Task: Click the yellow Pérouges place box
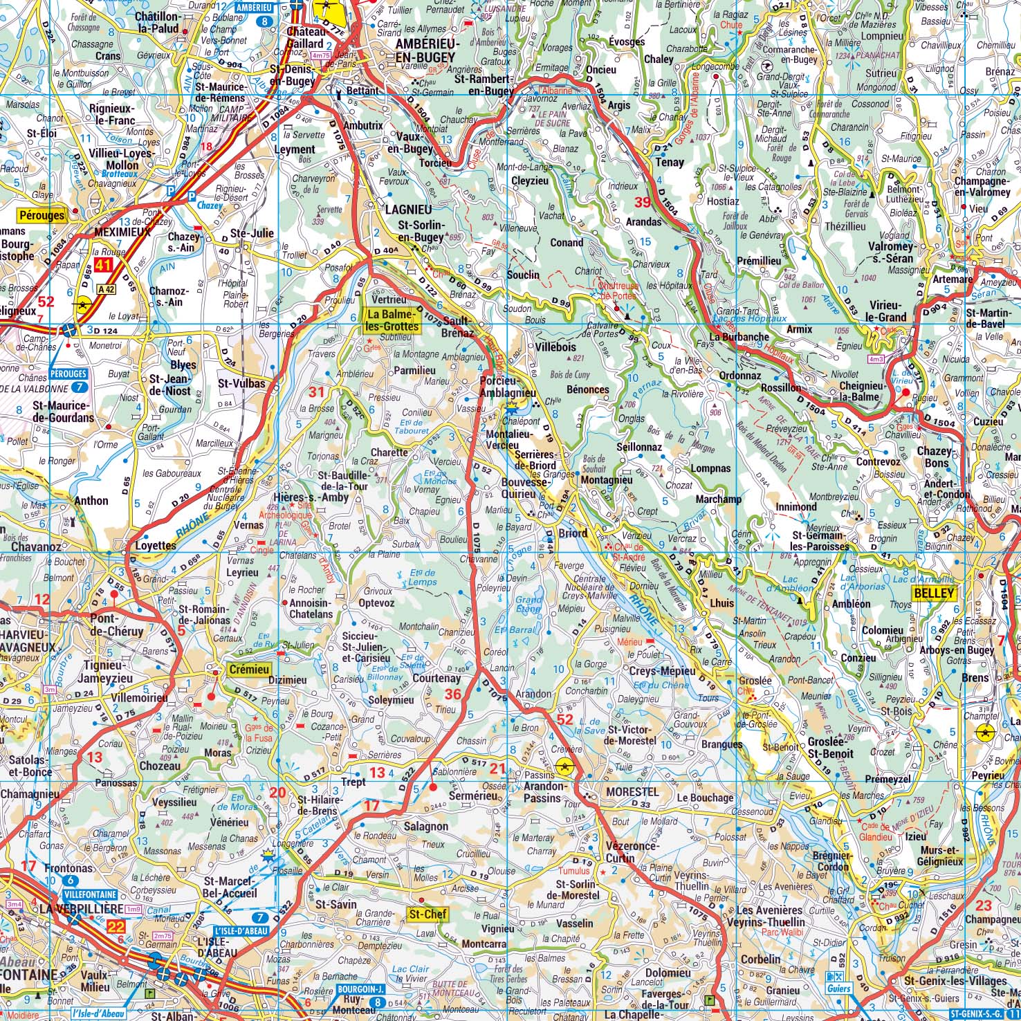coord(42,215)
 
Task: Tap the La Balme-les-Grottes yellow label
coord(392,320)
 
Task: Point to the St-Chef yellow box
coord(427,914)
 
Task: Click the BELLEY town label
coord(934,593)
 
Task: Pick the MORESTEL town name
coord(632,791)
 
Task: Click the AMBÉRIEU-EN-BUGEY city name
coord(425,50)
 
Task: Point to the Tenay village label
coord(669,163)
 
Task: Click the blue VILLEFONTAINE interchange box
coord(71,894)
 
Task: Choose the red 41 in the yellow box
coord(104,264)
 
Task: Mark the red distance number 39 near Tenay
coord(643,202)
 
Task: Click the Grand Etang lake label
coord(529,605)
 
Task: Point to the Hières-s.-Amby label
coord(302,497)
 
